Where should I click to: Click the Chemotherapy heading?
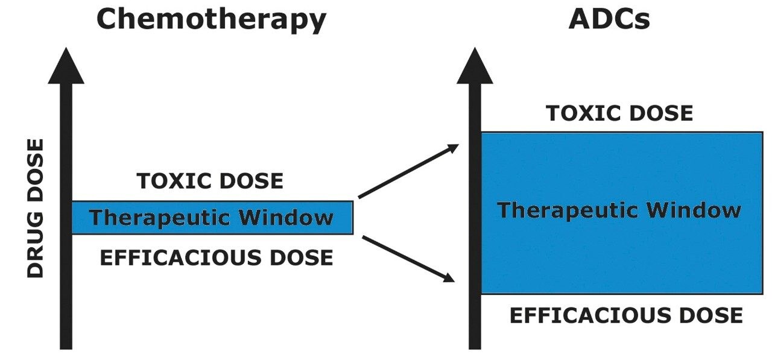[x=210, y=19]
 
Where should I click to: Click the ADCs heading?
[x=609, y=19]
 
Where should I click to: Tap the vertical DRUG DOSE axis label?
[x=37, y=208]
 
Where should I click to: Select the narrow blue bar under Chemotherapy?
[x=211, y=218]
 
